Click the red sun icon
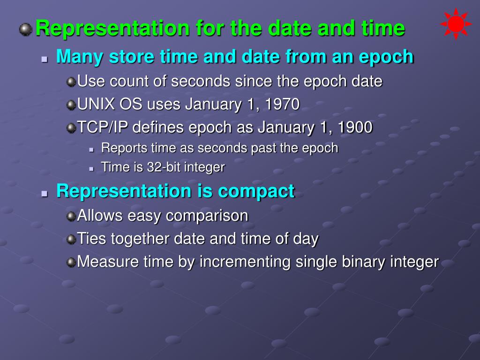pyautogui.click(x=456, y=23)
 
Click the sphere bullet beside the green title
pyautogui.click(x=26, y=30)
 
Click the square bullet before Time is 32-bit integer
pyautogui.click(x=91, y=169)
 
